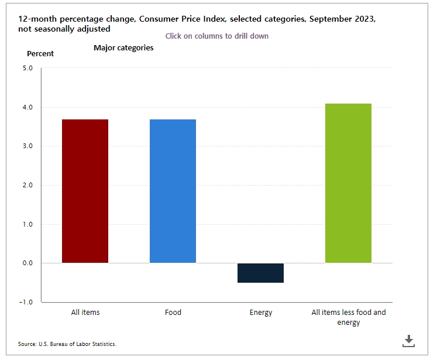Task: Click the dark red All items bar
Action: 85,191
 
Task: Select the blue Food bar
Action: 173,191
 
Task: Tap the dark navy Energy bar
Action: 260,273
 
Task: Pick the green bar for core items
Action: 349,183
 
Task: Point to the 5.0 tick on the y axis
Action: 27,68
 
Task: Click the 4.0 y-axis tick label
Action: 27,107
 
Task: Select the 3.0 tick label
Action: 27,146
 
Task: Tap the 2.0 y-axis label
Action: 27,185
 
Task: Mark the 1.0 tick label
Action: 27,224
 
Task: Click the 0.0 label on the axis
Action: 27,263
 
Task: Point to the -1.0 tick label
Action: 26,302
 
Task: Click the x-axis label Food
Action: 173,312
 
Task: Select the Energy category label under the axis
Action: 261,313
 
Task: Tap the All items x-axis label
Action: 85,312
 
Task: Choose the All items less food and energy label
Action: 349,317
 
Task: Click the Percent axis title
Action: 40,53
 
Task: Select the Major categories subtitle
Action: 123,47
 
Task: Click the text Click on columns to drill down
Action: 217,36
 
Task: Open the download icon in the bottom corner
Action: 408,341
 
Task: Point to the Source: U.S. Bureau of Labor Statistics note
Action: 67,344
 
